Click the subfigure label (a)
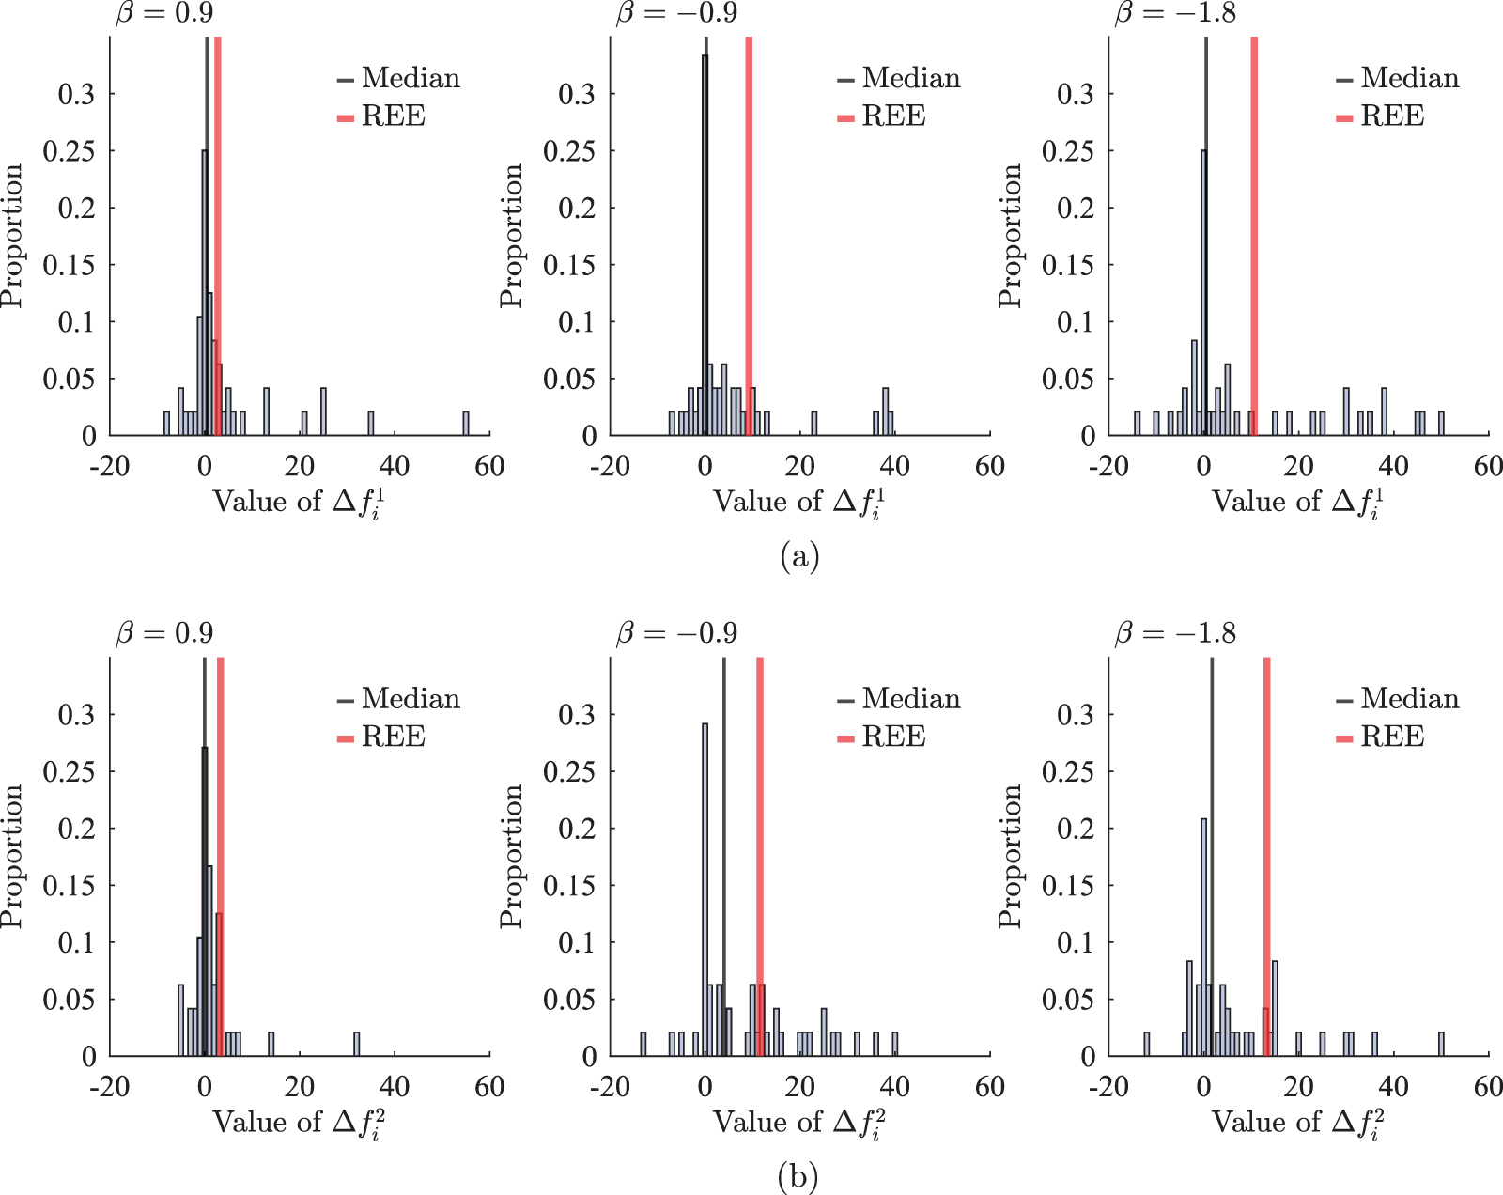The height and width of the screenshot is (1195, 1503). point(799,557)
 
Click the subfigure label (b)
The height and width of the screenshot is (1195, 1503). point(798,1177)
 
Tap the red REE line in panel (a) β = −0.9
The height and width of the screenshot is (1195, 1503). point(749,236)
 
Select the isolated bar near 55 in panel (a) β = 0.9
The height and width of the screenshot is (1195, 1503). point(466,424)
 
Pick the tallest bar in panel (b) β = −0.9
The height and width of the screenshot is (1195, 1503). point(705,890)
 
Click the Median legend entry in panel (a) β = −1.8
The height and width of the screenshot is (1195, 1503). point(1398,78)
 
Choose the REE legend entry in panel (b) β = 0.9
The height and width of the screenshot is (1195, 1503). point(381,737)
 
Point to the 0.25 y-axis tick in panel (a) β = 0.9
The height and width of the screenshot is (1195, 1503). point(69,151)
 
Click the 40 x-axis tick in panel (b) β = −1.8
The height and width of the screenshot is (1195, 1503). point(1393,1087)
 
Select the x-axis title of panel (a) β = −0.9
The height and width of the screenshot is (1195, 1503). point(799,503)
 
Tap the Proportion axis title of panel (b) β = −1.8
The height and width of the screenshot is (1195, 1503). point(1010,857)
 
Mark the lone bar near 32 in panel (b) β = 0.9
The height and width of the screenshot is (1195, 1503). point(356,1044)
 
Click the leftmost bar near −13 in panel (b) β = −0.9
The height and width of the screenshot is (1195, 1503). point(643,1044)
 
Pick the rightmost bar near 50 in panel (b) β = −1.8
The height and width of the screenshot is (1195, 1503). point(1441,1044)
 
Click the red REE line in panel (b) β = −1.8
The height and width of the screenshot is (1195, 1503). point(1266,857)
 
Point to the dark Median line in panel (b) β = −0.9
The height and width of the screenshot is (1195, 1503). point(723,857)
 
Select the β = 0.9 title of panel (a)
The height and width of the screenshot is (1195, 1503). point(164,13)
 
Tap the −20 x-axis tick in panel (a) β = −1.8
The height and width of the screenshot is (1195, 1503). point(1108,467)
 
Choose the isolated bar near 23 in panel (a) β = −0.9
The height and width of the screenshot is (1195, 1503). point(813,424)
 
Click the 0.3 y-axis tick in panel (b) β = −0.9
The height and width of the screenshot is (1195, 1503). point(576,715)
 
